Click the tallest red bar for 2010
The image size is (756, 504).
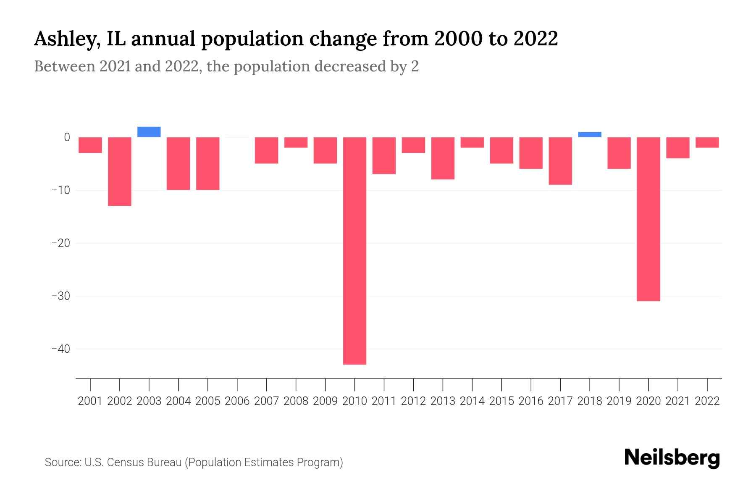click(x=354, y=251)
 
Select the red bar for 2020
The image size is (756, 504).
click(x=648, y=219)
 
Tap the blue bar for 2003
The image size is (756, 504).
click(x=149, y=132)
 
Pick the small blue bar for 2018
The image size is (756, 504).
click(x=589, y=134)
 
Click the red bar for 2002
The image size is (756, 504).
click(x=120, y=171)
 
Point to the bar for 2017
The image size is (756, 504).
click(x=560, y=161)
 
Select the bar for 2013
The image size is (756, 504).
click(x=443, y=158)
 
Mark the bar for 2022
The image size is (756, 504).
click(x=707, y=142)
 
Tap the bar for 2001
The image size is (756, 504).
click(x=90, y=145)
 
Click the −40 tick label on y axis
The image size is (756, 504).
click(x=60, y=349)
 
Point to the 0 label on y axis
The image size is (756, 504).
click(x=67, y=137)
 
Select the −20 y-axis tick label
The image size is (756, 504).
click(x=60, y=243)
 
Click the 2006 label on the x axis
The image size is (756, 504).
click(x=237, y=401)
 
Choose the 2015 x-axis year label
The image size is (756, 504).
click(x=501, y=401)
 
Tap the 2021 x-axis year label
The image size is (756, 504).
click(x=677, y=401)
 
